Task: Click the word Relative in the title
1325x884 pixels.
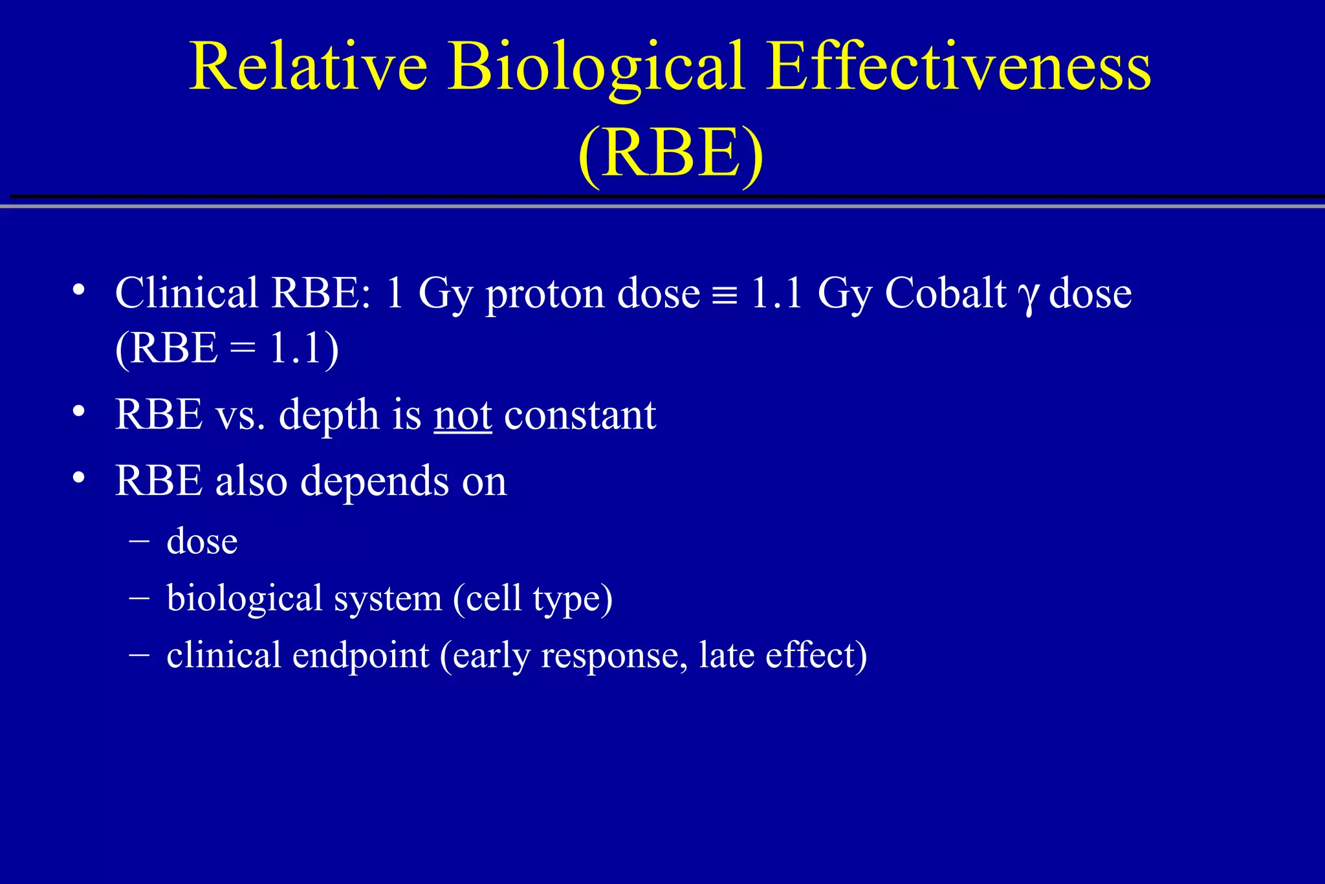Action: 308,67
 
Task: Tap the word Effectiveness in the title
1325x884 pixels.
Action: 959,67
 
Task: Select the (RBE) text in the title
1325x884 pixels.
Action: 670,153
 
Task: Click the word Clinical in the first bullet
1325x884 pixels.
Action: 187,293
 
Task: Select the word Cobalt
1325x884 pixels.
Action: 945,293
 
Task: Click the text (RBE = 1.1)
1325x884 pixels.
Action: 226,349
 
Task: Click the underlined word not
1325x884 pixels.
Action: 463,415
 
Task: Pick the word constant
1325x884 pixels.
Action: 580,415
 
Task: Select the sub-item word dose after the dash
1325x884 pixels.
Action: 202,541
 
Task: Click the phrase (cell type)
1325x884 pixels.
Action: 532,599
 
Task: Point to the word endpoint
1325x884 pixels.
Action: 360,656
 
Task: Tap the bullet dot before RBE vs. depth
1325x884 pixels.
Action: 79,411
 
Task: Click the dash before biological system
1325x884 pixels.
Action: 138,597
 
